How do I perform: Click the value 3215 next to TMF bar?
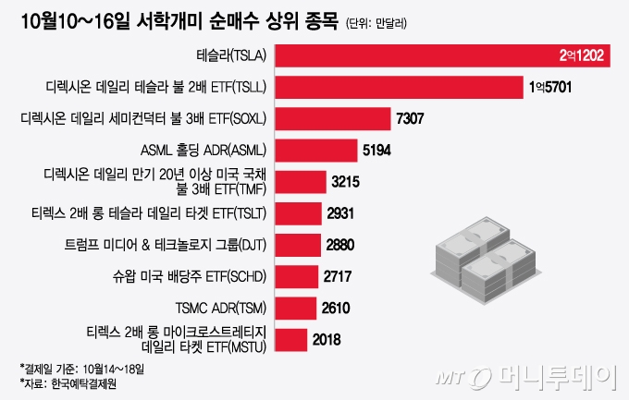click(345, 182)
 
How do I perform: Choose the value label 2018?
click(327, 339)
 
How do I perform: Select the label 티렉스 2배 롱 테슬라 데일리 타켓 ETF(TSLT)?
click(149, 213)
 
